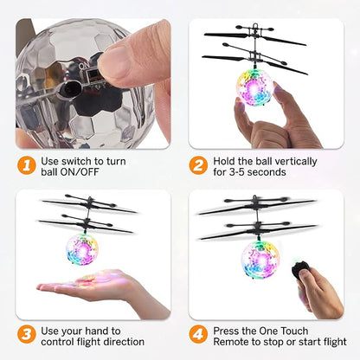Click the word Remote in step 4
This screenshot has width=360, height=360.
[246, 342]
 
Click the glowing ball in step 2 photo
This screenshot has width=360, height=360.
[254, 87]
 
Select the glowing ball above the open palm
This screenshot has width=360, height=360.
[82, 249]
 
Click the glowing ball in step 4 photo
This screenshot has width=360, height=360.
[260, 257]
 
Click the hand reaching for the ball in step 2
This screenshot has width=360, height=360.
[273, 121]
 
